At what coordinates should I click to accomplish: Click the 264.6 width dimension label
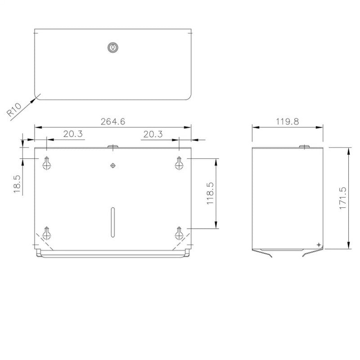pos(113,121)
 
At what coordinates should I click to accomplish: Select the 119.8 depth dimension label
pos(288,121)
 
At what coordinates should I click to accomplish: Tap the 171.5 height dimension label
pos(342,198)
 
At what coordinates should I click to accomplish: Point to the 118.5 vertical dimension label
pos(210,193)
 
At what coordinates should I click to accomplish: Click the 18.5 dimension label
pos(17,184)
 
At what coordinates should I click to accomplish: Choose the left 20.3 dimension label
pos(73,134)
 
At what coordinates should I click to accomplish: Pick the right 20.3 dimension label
pos(153,134)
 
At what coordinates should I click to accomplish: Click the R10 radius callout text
pos(14,109)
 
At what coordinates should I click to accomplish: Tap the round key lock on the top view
pos(113,47)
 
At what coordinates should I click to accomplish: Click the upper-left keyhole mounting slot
pos(47,163)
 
